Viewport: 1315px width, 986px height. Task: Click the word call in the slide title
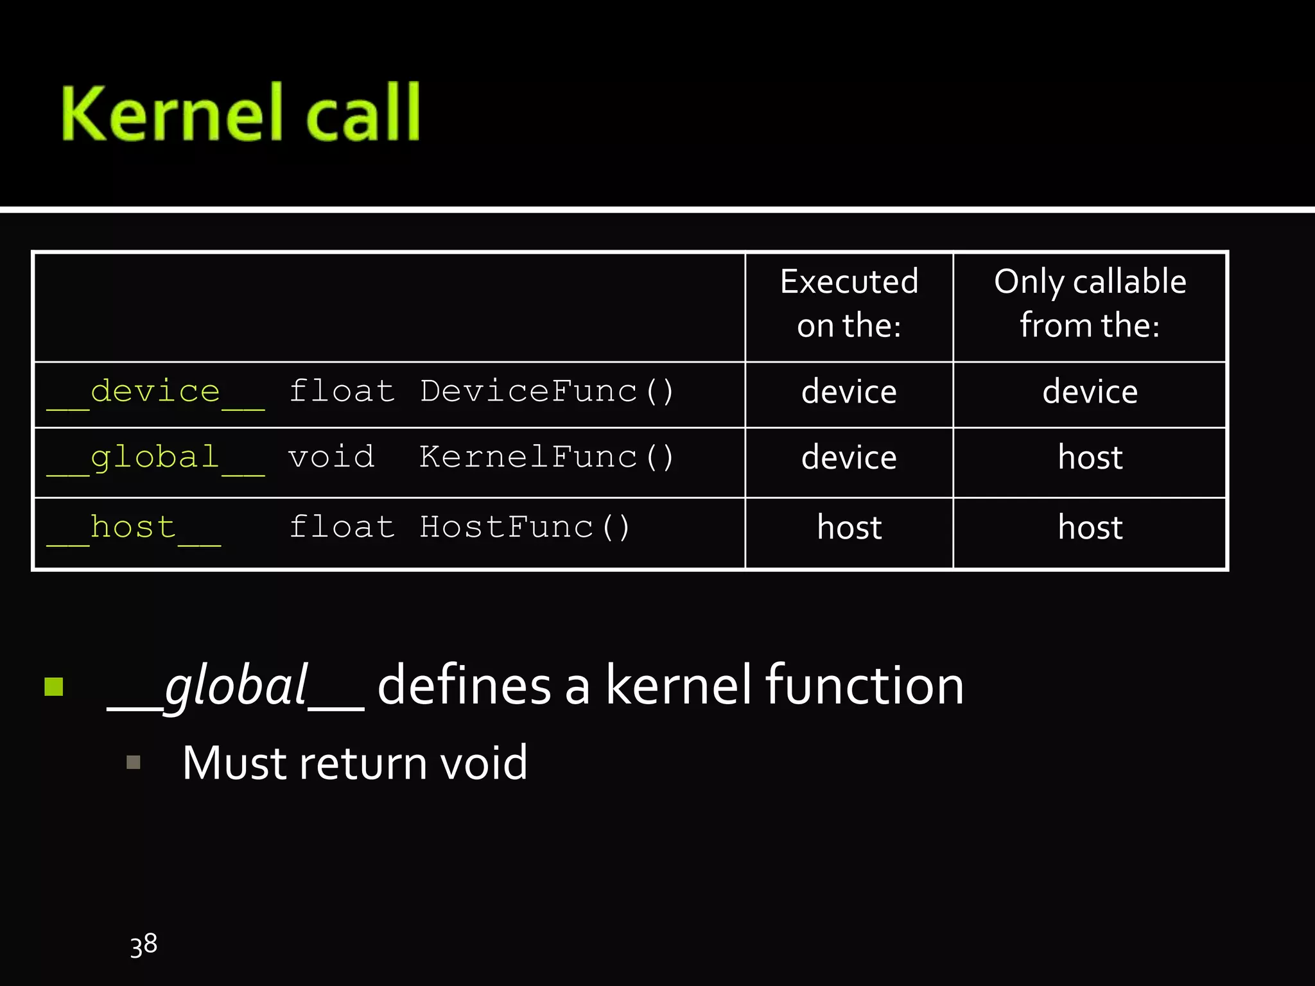tap(363, 114)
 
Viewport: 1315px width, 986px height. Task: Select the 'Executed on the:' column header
tap(849, 303)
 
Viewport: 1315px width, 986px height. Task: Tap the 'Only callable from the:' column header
tap(1090, 303)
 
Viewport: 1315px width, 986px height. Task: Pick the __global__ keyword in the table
tap(155, 458)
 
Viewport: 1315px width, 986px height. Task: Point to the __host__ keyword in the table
tap(134, 528)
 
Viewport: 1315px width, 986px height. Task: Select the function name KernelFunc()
tap(546, 458)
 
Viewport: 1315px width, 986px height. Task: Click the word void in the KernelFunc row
tap(331, 458)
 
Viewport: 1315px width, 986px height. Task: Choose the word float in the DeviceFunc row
tap(342, 392)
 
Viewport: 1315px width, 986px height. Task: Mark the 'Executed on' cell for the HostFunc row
tap(849, 528)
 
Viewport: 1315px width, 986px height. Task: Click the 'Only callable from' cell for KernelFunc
tap(1090, 458)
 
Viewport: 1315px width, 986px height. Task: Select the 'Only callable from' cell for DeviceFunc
tap(1090, 392)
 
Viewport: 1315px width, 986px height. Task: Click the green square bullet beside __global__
tap(54, 687)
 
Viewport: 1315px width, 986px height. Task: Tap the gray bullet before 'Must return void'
tap(134, 762)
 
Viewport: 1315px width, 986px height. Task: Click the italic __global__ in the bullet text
tap(236, 686)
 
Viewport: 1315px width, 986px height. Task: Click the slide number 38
tap(144, 945)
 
